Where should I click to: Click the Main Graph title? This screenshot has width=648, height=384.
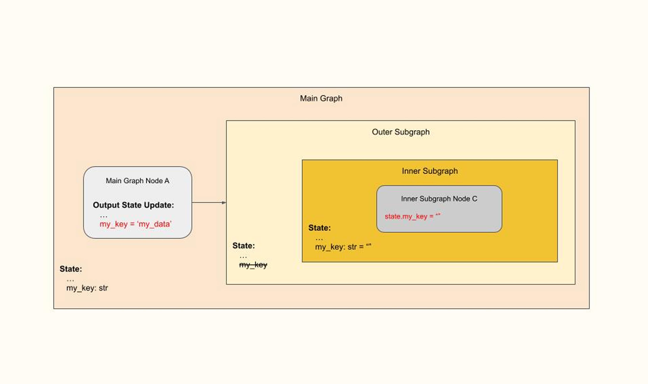point(321,98)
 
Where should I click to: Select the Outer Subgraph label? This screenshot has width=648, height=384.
point(400,132)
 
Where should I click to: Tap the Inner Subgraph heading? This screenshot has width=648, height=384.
point(430,171)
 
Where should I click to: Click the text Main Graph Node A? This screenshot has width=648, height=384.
point(138,181)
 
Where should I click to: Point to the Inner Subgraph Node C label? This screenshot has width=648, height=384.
point(439,199)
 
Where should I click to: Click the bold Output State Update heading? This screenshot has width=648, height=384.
point(133,205)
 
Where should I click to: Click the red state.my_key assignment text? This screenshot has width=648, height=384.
point(412,216)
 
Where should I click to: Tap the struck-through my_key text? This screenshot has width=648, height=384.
point(253,265)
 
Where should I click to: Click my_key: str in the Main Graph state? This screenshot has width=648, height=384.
point(87,288)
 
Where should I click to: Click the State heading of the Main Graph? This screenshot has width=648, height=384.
point(71,269)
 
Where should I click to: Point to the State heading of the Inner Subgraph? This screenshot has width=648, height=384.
point(319,228)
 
